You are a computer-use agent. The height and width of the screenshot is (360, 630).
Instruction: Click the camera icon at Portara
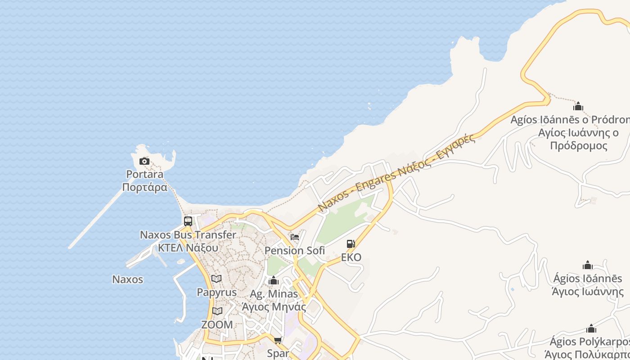tap(144, 161)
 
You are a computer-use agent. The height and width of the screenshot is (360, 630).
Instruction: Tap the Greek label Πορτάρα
tap(145, 187)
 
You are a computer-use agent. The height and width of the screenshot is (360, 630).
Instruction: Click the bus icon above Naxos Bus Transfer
tap(188, 221)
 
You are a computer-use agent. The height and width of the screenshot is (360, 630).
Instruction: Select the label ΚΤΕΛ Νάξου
tap(188, 247)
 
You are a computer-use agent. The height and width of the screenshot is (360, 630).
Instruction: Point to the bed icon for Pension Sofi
tap(295, 237)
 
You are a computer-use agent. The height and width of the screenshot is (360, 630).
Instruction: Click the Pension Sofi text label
tap(295, 251)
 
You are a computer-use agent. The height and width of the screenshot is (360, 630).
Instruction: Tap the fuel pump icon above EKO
tap(351, 244)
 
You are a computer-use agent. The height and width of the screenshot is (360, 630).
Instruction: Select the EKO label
tap(351, 257)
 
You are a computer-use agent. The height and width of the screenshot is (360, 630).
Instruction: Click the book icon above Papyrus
tap(216, 279)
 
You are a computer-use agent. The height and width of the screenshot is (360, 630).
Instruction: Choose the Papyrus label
tap(216, 292)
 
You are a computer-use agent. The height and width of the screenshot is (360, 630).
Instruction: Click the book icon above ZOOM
tap(217, 311)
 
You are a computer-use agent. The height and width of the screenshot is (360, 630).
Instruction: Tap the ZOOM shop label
tap(217, 324)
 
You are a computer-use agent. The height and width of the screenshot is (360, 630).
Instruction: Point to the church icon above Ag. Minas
tap(274, 281)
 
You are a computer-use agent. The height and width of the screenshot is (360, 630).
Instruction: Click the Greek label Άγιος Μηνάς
tap(274, 307)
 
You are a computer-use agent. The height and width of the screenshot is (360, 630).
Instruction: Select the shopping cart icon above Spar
tap(278, 340)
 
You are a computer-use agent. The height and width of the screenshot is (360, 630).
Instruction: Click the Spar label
tap(278, 353)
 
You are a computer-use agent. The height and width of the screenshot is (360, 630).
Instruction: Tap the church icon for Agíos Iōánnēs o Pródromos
tap(578, 107)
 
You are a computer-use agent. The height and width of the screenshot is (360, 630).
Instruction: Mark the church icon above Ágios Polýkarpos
tap(591, 329)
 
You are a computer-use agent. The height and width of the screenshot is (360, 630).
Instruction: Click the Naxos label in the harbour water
tap(127, 279)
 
